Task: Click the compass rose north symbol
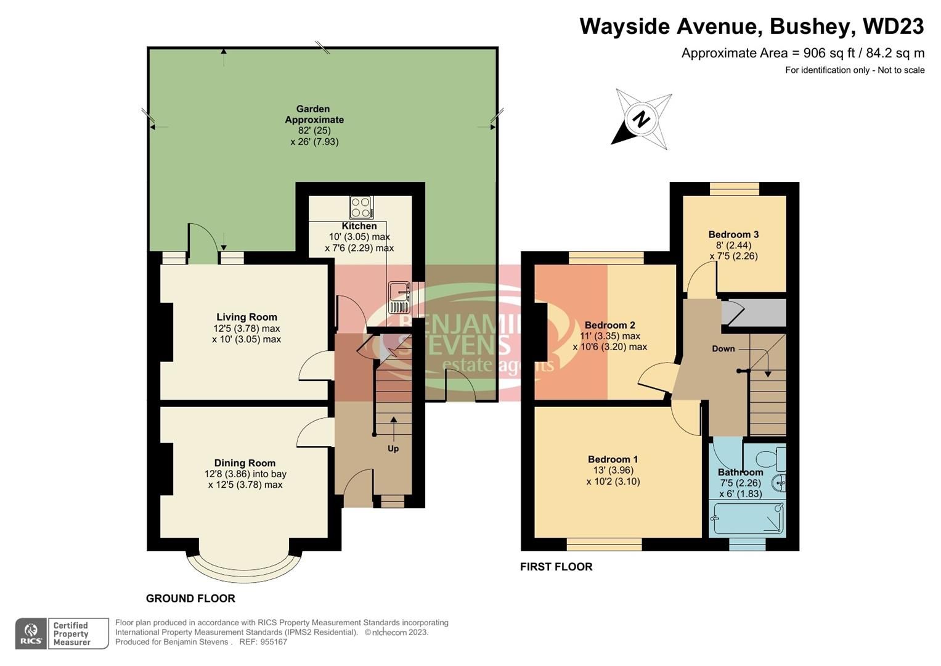[x=642, y=119]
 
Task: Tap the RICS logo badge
[x=31, y=634]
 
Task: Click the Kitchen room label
[x=359, y=226]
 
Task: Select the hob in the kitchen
[x=361, y=207]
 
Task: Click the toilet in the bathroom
[x=770, y=459]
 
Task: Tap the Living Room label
[x=246, y=317]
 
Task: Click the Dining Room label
[x=245, y=463]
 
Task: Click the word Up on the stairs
[x=393, y=448]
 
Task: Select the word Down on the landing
[x=723, y=348]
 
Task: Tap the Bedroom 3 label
[x=733, y=234]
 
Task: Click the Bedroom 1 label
[x=613, y=459]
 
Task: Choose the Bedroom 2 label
[x=609, y=325]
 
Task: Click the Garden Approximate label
[x=314, y=114]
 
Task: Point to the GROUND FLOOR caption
[x=190, y=598]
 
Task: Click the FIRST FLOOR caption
[x=556, y=567]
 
